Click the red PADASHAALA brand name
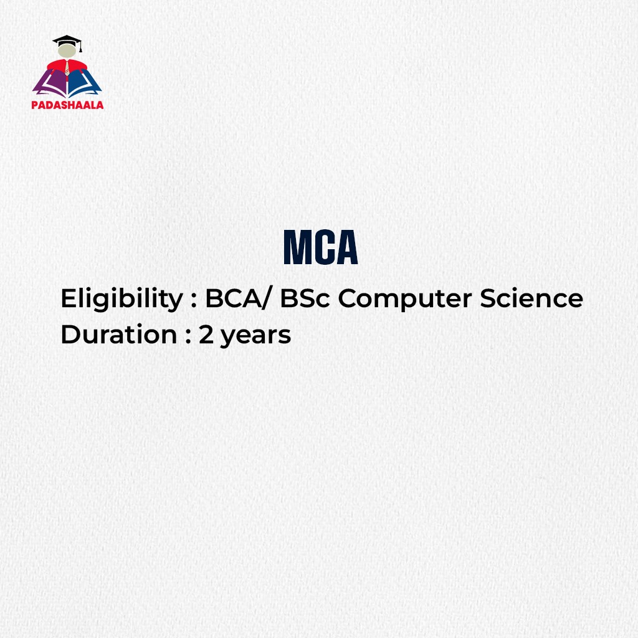click(x=67, y=105)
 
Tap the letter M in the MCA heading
click(x=297, y=248)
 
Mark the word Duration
click(x=118, y=335)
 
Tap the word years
click(x=255, y=336)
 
